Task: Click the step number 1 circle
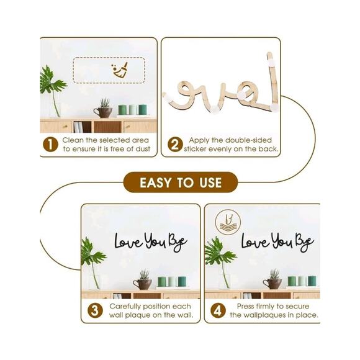50,145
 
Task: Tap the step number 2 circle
175,145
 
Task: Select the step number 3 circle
95,310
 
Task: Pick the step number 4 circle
218,310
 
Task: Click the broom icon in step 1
120,70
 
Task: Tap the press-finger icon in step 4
228,222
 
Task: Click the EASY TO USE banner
181,182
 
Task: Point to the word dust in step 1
143,149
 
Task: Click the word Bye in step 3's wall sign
178,243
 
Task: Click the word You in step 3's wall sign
156,241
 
